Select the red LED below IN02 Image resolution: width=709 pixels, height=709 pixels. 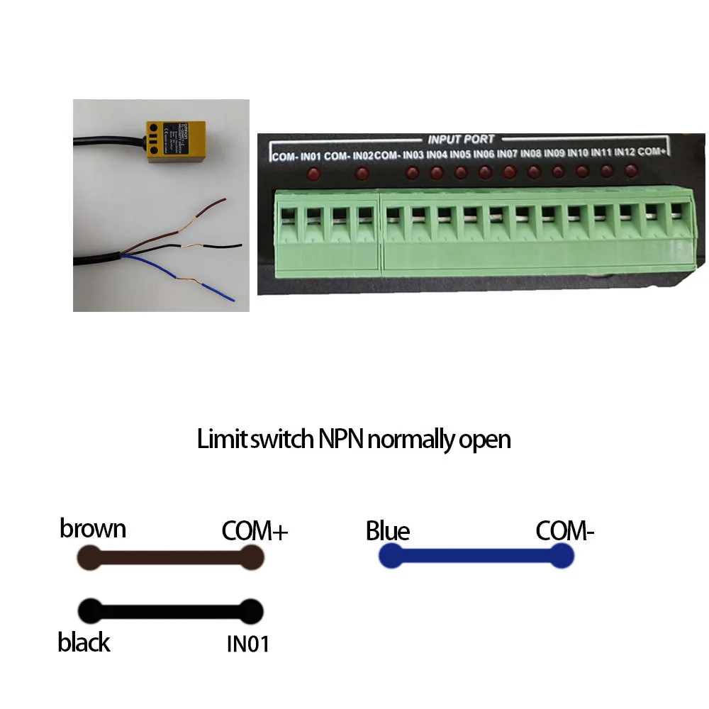pyautogui.click(x=362, y=173)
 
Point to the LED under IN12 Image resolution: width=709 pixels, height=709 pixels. pyautogui.click(x=630, y=171)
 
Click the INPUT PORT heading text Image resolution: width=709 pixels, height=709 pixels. pyautogui.click(x=461, y=140)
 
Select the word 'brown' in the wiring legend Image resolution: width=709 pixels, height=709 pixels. pyautogui.click(x=93, y=529)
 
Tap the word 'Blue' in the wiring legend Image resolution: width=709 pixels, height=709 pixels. pyautogui.click(x=388, y=531)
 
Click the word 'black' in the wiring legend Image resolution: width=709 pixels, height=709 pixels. pyautogui.click(x=84, y=642)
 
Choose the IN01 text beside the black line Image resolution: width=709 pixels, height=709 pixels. pyautogui.click(x=247, y=644)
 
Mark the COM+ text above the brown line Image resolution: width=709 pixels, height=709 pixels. pyautogui.click(x=255, y=530)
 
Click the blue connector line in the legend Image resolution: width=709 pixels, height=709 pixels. pyautogui.click(x=475, y=557)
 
